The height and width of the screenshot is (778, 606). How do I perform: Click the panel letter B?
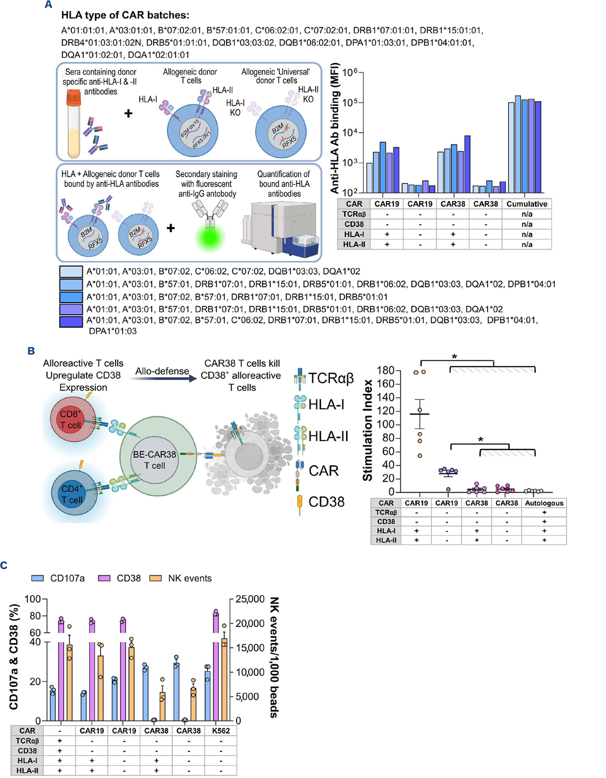[31, 351]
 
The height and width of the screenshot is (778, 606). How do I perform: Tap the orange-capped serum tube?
[73, 123]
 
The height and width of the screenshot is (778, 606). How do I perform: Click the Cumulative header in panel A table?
[526, 204]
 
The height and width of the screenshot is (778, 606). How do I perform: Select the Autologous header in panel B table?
[543, 503]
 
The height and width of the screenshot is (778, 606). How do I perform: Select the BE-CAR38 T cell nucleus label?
[154, 460]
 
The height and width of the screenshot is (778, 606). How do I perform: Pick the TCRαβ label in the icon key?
[331, 378]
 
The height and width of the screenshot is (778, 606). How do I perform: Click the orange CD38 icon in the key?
[300, 504]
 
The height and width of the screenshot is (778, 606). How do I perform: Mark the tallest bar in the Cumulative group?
[518, 144]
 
